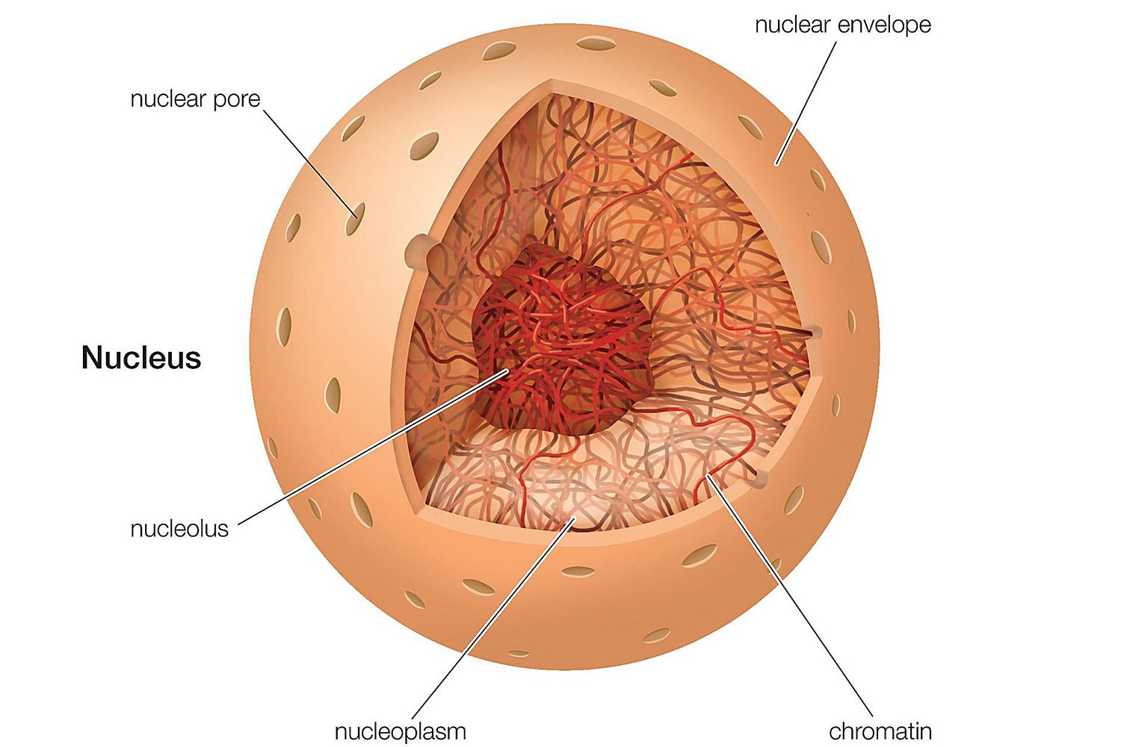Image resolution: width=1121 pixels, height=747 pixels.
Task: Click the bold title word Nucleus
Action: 141,358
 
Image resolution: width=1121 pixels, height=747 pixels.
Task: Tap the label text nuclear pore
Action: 195,99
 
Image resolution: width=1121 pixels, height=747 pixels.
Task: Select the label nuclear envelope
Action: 842,25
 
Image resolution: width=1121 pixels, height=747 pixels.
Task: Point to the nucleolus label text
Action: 179,529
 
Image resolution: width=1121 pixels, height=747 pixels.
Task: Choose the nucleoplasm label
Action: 400,731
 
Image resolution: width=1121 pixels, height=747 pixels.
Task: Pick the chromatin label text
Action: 880,731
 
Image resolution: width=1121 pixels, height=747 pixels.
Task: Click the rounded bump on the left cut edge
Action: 420,252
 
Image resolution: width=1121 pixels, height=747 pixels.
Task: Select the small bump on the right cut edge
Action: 815,331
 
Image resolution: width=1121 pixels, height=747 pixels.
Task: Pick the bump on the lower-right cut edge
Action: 761,479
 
